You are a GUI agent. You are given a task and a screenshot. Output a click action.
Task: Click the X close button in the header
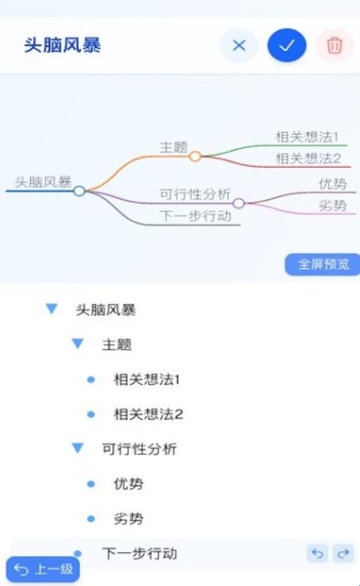pos(239,45)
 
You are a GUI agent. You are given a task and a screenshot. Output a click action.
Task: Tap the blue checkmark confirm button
pos(286,45)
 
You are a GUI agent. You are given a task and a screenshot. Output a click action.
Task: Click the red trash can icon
pos(334,45)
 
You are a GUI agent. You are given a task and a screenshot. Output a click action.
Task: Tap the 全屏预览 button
pos(323,264)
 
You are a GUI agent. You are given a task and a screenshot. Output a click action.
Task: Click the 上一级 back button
pos(43,569)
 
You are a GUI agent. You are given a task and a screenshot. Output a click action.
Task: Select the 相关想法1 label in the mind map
pos(307,137)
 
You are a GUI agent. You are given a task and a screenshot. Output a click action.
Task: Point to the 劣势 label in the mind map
pos(333,206)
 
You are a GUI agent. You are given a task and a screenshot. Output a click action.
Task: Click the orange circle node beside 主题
pos(195,156)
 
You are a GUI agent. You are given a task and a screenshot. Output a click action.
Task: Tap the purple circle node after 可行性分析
pos(239,203)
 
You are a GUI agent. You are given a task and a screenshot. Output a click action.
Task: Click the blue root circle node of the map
pos(79,191)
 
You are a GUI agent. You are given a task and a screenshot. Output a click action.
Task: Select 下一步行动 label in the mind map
pos(195,216)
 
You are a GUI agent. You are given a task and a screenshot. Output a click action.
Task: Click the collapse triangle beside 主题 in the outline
pos(78,343)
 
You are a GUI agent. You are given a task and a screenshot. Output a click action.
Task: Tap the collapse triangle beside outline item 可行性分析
pos(78,448)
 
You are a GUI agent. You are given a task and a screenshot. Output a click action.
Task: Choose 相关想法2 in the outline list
pos(148,414)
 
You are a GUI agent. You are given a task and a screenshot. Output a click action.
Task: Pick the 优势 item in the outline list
pos(129,483)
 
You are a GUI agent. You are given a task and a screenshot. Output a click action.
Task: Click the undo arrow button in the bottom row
pos(317,553)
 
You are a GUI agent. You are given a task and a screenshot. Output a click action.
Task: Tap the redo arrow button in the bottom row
pos(343,553)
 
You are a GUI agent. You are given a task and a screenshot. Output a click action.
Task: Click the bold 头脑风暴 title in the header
pos(62,45)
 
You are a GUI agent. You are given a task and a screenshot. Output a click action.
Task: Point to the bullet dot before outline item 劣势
pos(90,519)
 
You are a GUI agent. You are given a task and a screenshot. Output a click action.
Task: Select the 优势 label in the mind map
pos(333,184)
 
